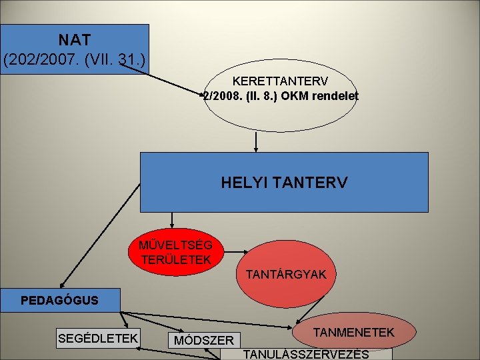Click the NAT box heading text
pyautogui.click(x=75, y=40)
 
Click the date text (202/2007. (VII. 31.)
pyautogui.click(x=75, y=61)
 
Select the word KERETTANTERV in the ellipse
pyautogui.click(x=280, y=81)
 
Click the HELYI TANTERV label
pyautogui.click(x=284, y=182)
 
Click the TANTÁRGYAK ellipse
pyautogui.click(x=285, y=274)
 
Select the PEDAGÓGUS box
pyautogui.click(x=59, y=300)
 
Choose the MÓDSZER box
pyautogui.click(x=204, y=341)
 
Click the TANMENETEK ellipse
pyautogui.click(x=354, y=332)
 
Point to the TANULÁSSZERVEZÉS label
pyautogui.click(x=307, y=353)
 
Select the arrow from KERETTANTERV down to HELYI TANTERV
pyautogui.click(x=255, y=141)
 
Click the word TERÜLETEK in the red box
pyautogui.click(x=176, y=259)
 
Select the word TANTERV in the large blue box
pyautogui.click(x=313, y=182)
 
